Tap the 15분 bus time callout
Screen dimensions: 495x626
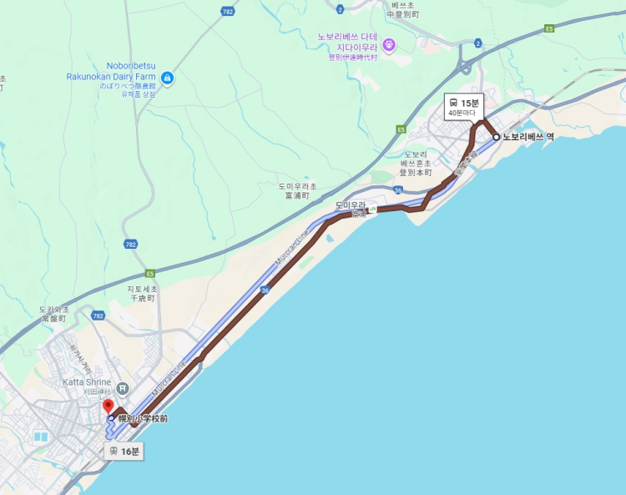tap(464, 107)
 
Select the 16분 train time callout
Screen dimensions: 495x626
tap(124, 452)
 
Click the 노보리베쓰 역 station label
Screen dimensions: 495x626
tap(528, 137)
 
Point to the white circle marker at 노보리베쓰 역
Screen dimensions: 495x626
tap(497, 137)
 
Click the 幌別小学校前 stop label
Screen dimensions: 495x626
tap(143, 418)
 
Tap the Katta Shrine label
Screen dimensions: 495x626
tap(86, 382)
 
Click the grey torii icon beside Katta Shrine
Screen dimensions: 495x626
tap(123, 387)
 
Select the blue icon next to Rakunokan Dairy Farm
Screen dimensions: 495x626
tap(168, 78)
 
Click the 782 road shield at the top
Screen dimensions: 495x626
tap(228, 12)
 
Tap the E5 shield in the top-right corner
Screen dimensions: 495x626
tap(549, 28)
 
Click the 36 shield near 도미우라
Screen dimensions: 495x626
tap(398, 191)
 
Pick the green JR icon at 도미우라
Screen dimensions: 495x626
tap(374, 208)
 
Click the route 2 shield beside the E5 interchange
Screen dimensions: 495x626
tap(477, 42)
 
